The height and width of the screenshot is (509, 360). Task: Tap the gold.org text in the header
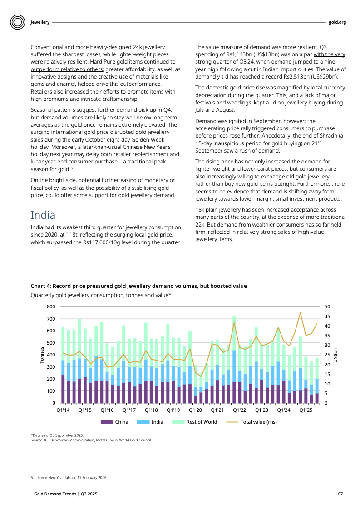coord(337,22)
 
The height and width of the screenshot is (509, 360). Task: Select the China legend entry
coord(114,422)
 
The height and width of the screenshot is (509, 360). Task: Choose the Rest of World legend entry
coord(195,422)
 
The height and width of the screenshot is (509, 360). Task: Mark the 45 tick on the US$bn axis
coord(328,316)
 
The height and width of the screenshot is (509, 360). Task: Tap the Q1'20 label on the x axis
coord(195,410)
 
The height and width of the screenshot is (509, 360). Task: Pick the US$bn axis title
coord(336,355)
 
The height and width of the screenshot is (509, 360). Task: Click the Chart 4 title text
coord(138,286)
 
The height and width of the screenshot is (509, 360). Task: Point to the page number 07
coord(340,494)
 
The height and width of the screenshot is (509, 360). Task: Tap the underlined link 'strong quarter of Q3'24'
coord(224,61)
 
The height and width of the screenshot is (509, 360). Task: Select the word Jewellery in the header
coord(40,22)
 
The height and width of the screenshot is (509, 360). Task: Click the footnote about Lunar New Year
coord(70,477)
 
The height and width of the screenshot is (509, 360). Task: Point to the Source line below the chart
coord(90,440)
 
